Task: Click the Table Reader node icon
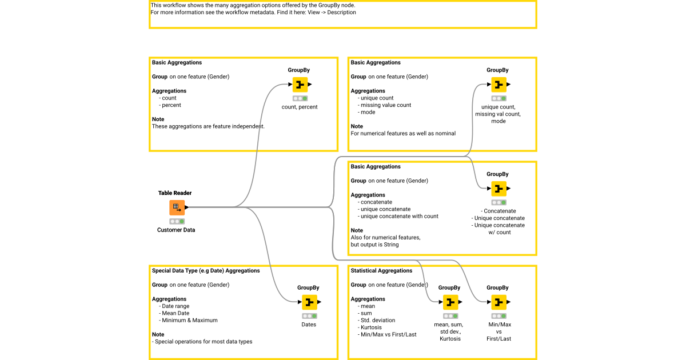(x=177, y=207)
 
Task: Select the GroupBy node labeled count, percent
(x=300, y=85)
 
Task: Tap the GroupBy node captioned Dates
(x=309, y=302)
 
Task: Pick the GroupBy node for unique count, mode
(x=498, y=85)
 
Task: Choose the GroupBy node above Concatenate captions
(x=498, y=189)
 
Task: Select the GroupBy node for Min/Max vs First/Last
(x=498, y=302)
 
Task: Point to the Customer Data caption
(x=176, y=230)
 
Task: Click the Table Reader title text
(x=175, y=193)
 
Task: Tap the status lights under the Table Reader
(x=177, y=221)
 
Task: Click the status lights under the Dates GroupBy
(x=309, y=315)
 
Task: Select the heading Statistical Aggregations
(x=381, y=271)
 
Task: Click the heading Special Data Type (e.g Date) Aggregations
(x=206, y=271)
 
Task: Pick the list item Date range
(x=176, y=306)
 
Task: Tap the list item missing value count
(x=386, y=105)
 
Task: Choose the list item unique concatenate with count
(x=399, y=216)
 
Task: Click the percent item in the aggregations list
(x=171, y=105)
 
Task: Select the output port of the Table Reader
(x=187, y=207)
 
